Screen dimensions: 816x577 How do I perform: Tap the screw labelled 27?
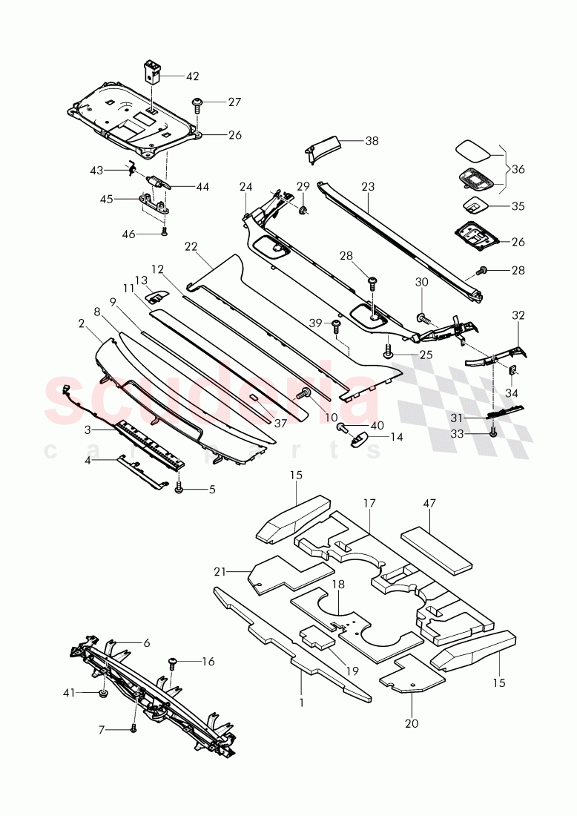click(198, 103)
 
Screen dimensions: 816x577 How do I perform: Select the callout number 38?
click(372, 139)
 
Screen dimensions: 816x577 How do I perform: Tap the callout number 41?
click(70, 693)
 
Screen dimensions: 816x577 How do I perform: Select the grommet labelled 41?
click(102, 694)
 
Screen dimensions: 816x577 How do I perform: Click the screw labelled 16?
click(173, 661)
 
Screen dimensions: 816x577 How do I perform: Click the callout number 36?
click(518, 169)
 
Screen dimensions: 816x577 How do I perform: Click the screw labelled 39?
click(335, 325)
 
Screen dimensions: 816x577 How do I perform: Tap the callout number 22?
click(192, 246)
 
